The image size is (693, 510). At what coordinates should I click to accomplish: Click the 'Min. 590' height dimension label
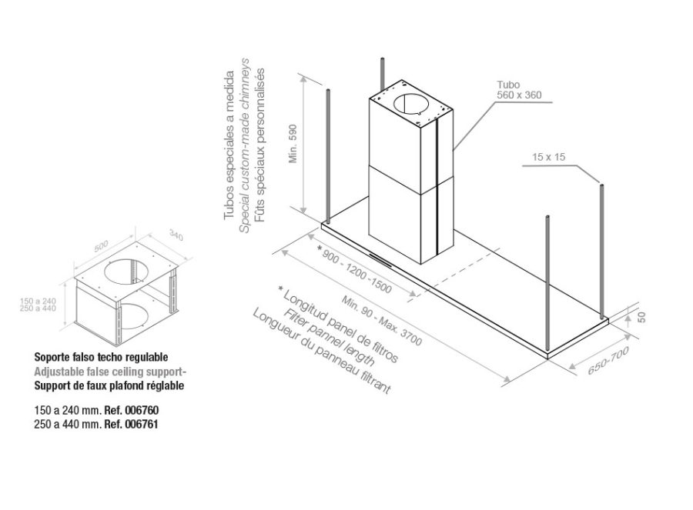(294, 144)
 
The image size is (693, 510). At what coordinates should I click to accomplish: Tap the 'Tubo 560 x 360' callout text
(518, 90)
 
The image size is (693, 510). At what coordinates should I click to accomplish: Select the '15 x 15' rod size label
(548, 157)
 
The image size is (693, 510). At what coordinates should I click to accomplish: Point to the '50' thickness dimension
(641, 317)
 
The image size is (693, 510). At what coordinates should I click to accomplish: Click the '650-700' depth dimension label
(608, 362)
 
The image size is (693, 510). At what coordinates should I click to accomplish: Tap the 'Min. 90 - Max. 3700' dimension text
(382, 321)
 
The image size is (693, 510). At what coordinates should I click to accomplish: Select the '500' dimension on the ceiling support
(101, 246)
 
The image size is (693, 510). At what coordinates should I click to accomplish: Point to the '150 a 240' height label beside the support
(38, 301)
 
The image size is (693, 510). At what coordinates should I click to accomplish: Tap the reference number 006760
(142, 410)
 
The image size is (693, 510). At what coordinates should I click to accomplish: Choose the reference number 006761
(142, 425)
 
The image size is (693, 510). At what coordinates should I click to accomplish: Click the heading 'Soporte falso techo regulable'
(101, 357)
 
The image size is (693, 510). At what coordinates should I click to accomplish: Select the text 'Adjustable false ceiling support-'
(111, 372)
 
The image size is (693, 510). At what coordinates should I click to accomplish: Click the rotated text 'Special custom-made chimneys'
(244, 145)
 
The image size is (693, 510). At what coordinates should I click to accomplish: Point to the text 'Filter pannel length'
(330, 338)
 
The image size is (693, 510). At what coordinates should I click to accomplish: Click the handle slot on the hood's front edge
(380, 260)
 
